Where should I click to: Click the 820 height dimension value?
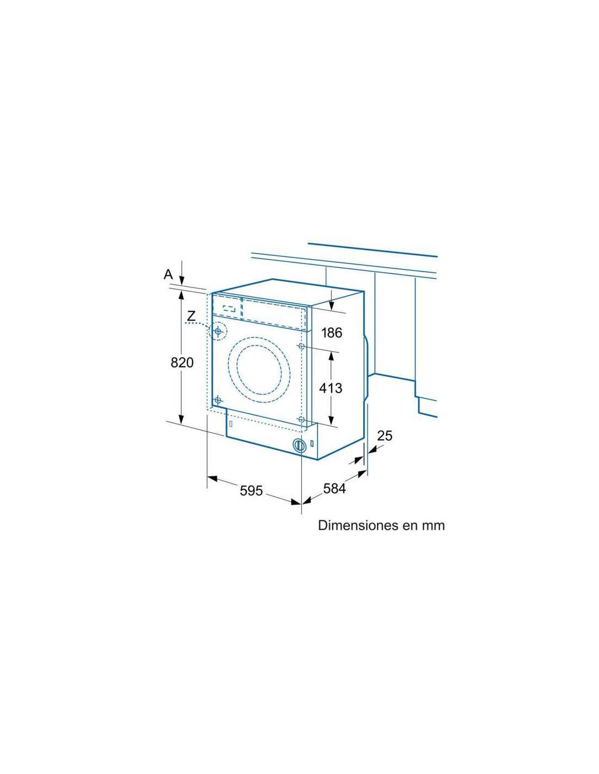pyautogui.click(x=182, y=363)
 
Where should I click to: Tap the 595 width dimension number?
pyautogui.click(x=251, y=490)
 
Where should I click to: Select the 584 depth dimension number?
pyautogui.click(x=334, y=489)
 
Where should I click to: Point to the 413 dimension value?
pyautogui.click(x=331, y=388)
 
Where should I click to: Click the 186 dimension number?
pyautogui.click(x=332, y=333)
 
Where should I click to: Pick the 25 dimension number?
pyautogui.click(x=384, y=435)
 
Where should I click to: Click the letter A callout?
pyautogui.click(x=168, y=274)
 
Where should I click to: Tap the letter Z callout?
pyautogui.click(x=191, y=316)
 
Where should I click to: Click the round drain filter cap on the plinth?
pyautogui.click(x=299, y=445)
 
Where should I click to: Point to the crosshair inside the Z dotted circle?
pyautogui.click(x=218, y=331)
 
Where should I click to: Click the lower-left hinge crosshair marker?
pyautogui.click(x=218, y=400)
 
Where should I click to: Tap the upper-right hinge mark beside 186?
pyautogui.click(x=301, y=346)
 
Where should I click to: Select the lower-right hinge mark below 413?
pyautogui.click(x=302, y=419)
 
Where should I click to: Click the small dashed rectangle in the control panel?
pyautogui.click(x=229, y=308)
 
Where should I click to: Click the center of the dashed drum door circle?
pyautogui.click(x=260, y=370)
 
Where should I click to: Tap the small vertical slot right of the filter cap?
pyautogui.click(x=312, y=444)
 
